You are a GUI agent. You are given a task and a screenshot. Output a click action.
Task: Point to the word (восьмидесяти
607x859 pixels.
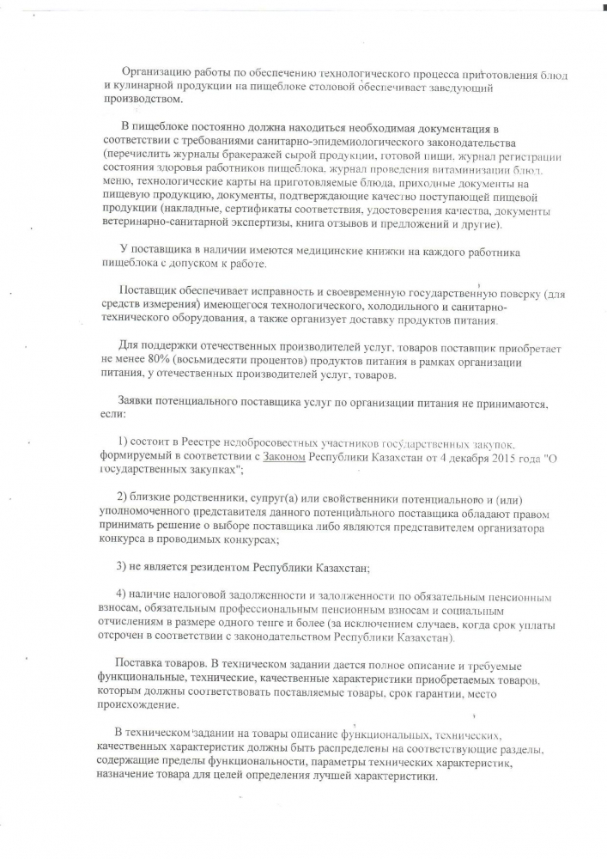click(213, 362)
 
